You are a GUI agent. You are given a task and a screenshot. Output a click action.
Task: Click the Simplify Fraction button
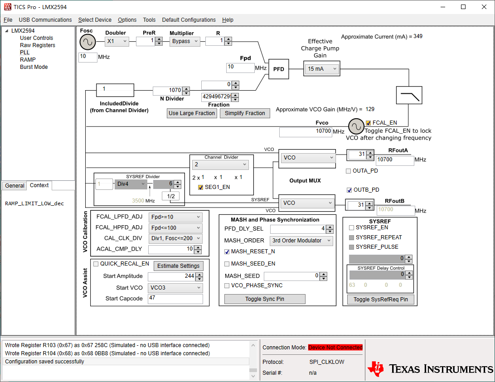pos(245,113)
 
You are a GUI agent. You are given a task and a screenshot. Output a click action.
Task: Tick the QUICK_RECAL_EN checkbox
pos(96,264)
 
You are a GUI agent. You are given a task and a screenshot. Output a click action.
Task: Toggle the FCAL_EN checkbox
pos(368,123)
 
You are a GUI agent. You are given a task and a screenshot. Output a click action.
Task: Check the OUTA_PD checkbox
pos(349,171)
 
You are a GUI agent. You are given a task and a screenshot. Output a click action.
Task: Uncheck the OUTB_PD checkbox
pos(349,190)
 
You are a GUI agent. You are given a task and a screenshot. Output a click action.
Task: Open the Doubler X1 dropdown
pos(117,41)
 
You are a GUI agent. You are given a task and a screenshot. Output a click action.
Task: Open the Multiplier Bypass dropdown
pos(185,41)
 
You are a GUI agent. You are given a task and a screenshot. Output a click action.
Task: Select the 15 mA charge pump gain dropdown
pos(322,69)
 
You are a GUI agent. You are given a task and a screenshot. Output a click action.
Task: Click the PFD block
pos(278,69)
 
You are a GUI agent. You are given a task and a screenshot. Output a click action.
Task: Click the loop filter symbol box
pos(409,95)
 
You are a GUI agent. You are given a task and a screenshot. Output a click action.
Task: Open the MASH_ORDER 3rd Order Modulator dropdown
pos(301,241)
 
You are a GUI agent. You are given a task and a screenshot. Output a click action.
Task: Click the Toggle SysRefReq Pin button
pos(380,299)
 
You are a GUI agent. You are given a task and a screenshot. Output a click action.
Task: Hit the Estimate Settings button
pos(178,266)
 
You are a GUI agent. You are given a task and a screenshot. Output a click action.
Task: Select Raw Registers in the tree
pos(38,45)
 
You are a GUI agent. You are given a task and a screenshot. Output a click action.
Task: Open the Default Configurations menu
pos(189,20)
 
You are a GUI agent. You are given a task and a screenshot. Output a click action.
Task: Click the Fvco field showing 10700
pos(305,132)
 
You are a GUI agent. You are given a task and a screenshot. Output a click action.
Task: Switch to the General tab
pos(15,186)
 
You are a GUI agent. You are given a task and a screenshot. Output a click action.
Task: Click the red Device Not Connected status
pos(335,348)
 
